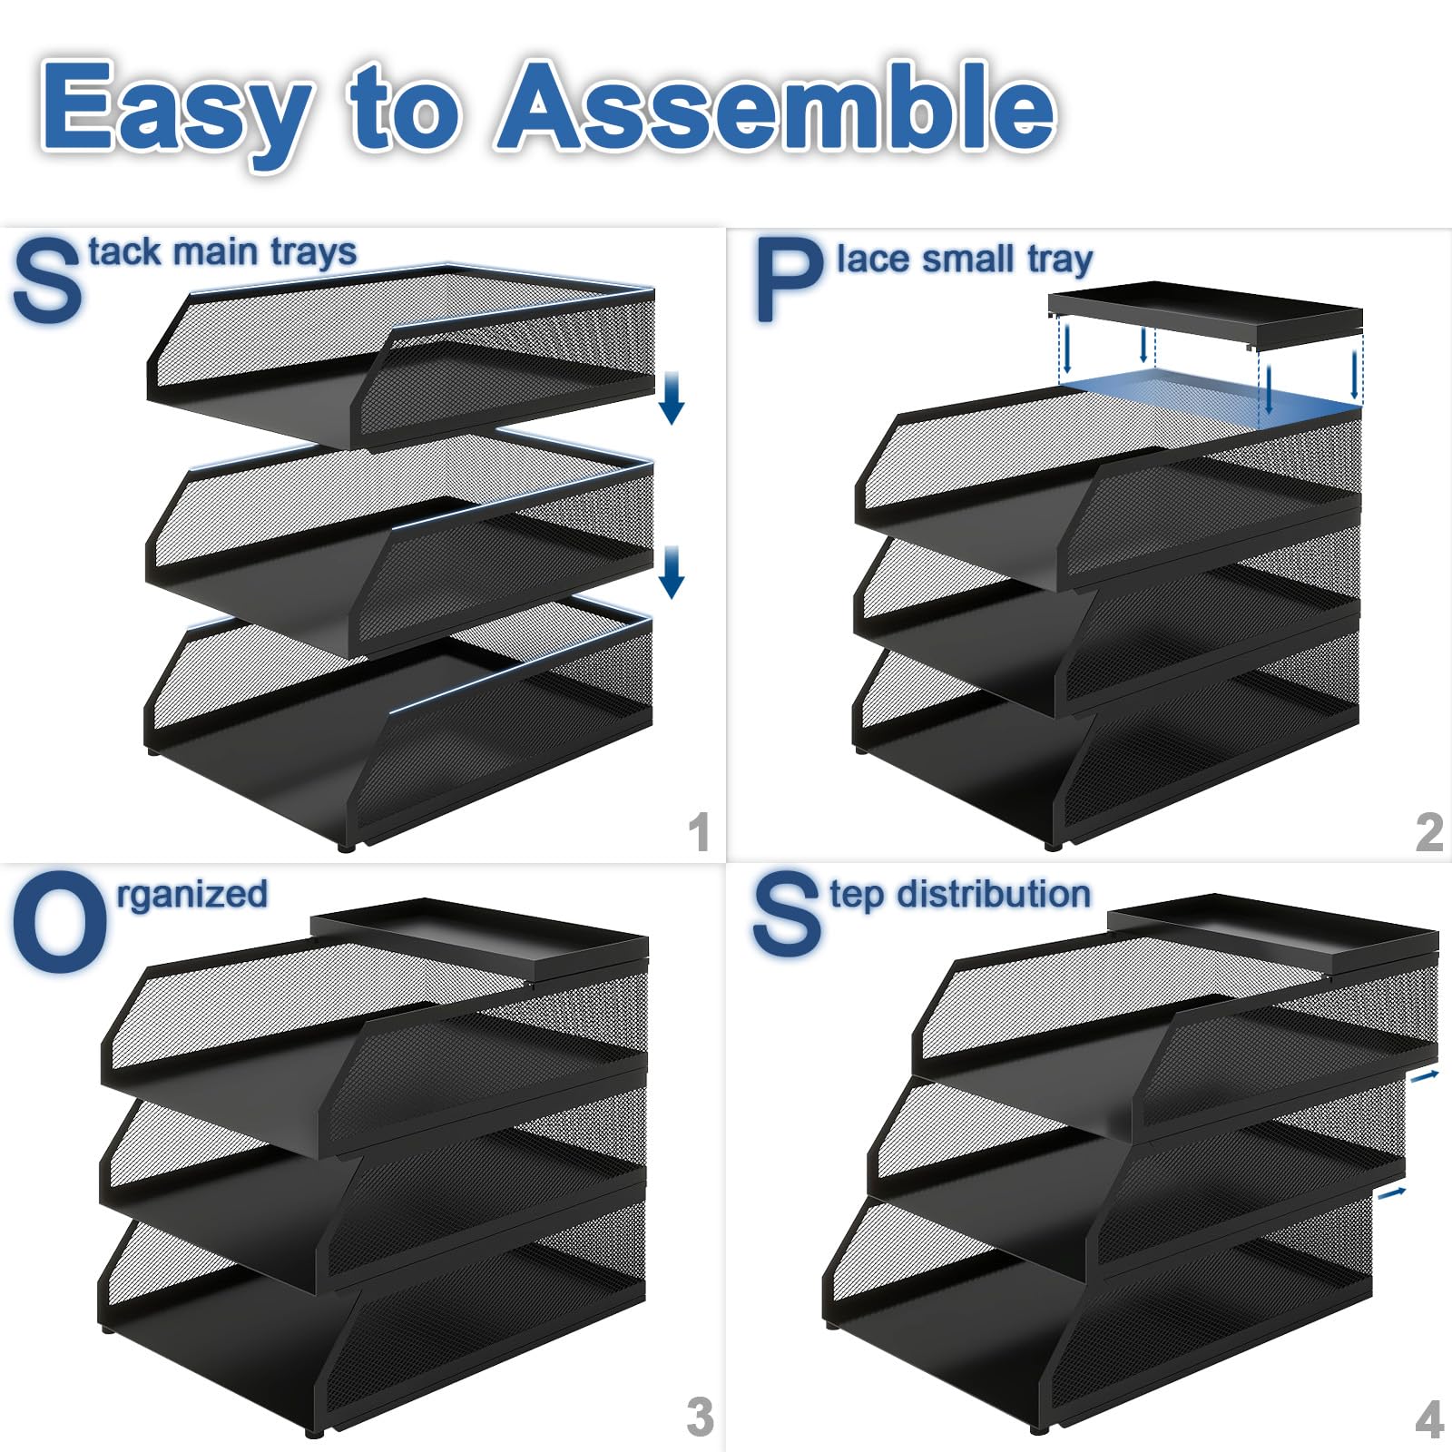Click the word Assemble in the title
[x=778, y=106]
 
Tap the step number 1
[x=699, y=831]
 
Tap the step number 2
[x=1429, y=831]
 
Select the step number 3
[x=700, y=1417]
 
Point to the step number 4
[x=1429, y=1418]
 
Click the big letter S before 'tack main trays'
[x=46, y=280]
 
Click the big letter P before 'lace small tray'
[x=789, y=280]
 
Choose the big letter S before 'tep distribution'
[x=786, y=913]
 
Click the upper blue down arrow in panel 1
[x=672, y=397]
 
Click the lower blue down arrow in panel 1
[x=672, y=572]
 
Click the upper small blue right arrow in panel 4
[x=1424, y=1076]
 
